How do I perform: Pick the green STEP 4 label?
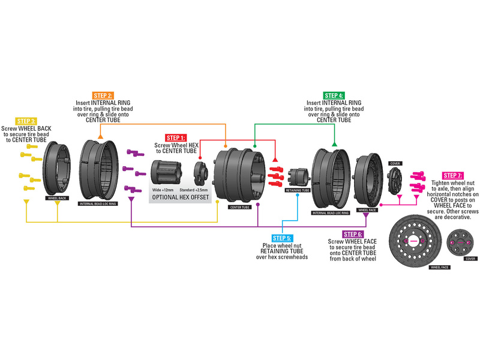[x=334, y=95]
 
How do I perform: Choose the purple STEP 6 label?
[x=351, y=233]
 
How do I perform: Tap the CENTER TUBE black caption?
[x=240, y=207]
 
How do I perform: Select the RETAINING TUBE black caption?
[x=297, y=190]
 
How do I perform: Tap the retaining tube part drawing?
[x=298, y=175]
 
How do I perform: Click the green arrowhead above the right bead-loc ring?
[x=334, y=143]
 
